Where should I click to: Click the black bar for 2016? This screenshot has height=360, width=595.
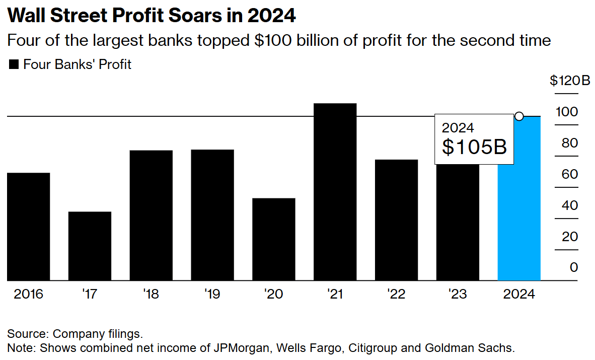pos(28,227)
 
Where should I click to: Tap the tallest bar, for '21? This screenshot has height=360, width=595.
pos(335,192)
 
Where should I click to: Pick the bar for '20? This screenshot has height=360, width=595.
pos(273,239)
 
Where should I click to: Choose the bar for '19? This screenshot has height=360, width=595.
pos(212,215)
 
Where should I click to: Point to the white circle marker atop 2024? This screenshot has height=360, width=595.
pos(519,117)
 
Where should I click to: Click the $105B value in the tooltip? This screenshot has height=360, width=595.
pos(474,146)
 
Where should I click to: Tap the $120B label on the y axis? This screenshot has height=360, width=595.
pos(569,81)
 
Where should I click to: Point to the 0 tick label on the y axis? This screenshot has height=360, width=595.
pos(574,267)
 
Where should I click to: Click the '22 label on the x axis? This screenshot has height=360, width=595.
pos(396,294)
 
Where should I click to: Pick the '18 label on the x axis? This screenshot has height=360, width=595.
pos(151,294)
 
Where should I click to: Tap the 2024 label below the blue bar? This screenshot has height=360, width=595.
pos(519,294)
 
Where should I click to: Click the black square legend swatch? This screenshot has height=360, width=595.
pos(14,64)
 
